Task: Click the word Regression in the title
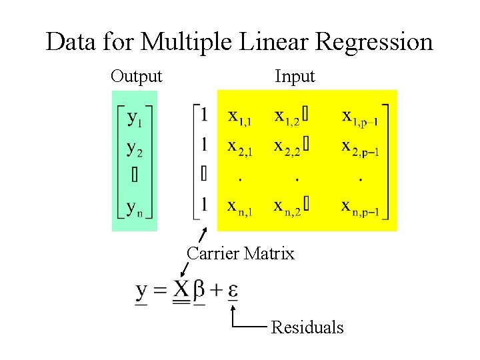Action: point(374,43)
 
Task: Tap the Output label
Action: point(136,77)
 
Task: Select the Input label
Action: point(295,77)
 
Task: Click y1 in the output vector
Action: point(135,120)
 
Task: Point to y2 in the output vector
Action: point(135,148)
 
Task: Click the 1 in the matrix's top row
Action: point(204,115)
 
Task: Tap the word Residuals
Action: point(307,327)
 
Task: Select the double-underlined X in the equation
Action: point(181,290)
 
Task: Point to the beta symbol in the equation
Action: point(199,291)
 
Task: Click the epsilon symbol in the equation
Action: point(233,291)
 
